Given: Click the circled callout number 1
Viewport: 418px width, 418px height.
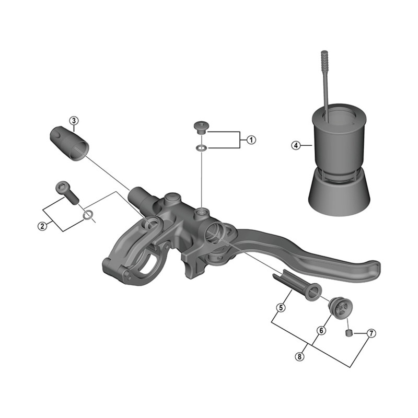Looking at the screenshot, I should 251,140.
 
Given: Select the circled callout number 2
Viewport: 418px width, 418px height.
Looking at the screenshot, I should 42,226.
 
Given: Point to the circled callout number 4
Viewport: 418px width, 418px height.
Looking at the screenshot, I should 296,146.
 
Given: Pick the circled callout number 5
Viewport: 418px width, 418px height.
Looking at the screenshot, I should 281,308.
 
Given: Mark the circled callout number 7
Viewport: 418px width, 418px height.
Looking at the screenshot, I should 371,333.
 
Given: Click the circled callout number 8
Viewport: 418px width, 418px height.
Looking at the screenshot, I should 299,357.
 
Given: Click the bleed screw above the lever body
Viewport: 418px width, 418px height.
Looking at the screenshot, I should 201,126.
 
